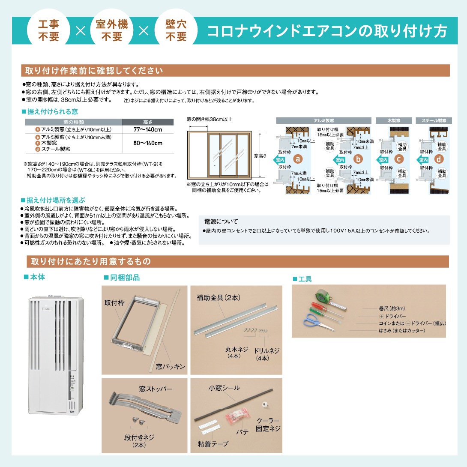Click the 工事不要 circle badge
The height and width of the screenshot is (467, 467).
point(49,30)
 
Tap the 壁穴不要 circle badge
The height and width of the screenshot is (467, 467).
point(176,30)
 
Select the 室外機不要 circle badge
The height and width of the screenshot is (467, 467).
point(112,30)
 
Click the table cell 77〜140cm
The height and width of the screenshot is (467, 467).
point(148,129)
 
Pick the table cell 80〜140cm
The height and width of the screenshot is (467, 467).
point(148,143)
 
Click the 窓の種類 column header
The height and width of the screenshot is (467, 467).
point(74,122)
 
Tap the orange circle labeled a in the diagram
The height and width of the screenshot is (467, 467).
point(299,159)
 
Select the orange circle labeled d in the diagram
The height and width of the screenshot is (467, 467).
point(438,159)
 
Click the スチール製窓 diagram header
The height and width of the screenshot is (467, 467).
point(434,121)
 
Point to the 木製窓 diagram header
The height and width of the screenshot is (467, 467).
point(394,121)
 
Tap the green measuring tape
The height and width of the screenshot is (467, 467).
point(321,296)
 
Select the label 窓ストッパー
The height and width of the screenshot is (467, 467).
point(155,389)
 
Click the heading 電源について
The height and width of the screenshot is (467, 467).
point(221,222)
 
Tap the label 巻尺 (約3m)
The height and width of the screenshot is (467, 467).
point(392,308)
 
